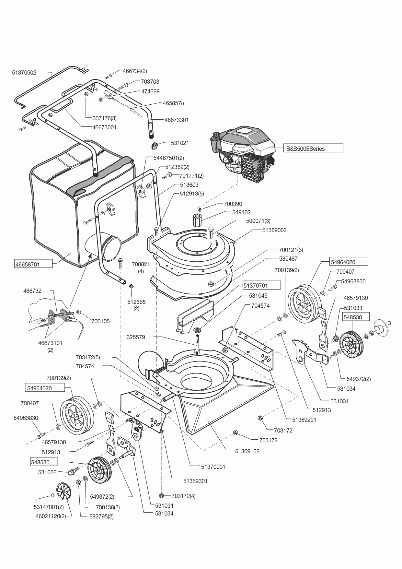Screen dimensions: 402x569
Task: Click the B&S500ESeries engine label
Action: pyautogui.click(x=305, y=149)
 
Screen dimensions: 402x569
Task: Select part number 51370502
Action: pyautogui.click(x=24, y=73)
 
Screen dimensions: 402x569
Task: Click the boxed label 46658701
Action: pyautogui.click(x=28, y=264)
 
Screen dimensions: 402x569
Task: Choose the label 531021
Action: pyautogui.click(x=180, y=143)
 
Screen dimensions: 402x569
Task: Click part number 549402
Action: pyautogui.click(x=241, y=212)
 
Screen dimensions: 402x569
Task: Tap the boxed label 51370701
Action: pyautogui.click(x=256, y=286)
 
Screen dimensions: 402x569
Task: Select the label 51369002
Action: pyautogui.click(x=274, y=230)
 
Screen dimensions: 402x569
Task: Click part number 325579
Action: pyautogui.click(x=136, y=337)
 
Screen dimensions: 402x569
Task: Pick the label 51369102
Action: pyautogui.click(x=247, y=451)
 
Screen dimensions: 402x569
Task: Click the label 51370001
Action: pyautogui.click(x=213, y=467)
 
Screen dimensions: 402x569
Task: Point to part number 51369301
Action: pyautogui.click(x=195, y=481)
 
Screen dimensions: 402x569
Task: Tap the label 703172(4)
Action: pyautogui.click(x=184, y=496)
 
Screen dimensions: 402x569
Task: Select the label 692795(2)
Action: pyautogui.click(x=101, y=516)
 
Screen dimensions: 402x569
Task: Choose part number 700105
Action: pyautogui.click(x=100, y=321)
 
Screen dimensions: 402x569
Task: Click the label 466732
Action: pyautogui.click(x=32, y=291)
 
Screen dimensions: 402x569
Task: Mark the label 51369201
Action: pyautogui.click(x=304, y=420)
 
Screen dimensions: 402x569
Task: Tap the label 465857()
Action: pyautogui.click(x=173, y=103)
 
